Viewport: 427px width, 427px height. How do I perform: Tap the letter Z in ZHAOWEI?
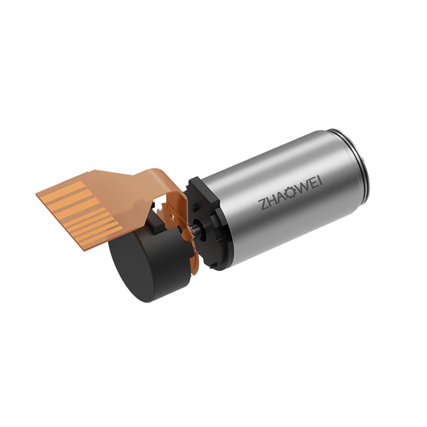point(263,205)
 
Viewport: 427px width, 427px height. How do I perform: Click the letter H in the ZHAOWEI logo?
point(272,201)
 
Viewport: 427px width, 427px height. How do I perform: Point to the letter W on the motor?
point(302,188)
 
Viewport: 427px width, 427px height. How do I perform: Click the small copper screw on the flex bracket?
point(172,217)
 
